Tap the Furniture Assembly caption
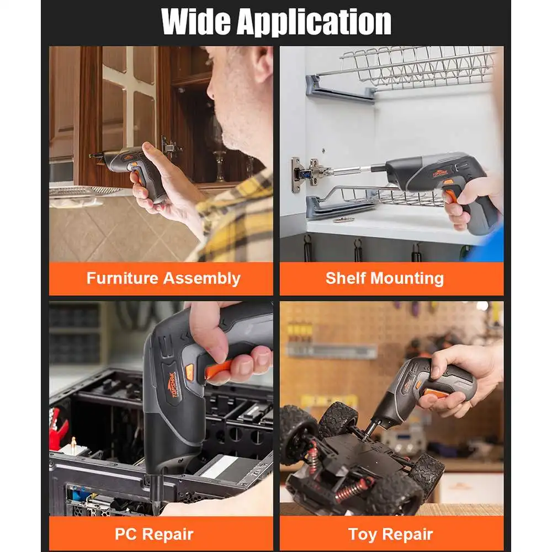pyautogui.click(x=163, y=278)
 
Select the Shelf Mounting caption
pyautogui.click(x=385, y=278)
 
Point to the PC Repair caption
pyautogui.click(x=154, y=534)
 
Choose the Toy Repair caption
pyautogui.click(x=390, y=534)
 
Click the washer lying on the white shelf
pyautogui.click(x=343, y=220)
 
